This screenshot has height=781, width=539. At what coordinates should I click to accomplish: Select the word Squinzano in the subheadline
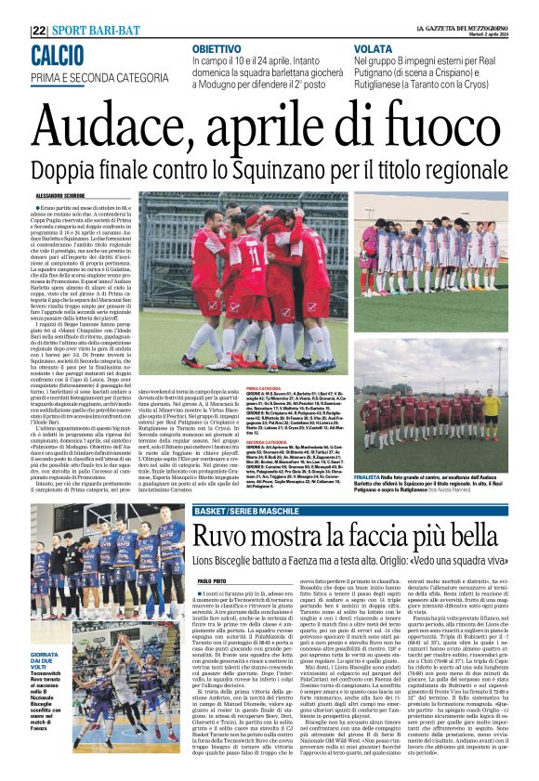[289, 170]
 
